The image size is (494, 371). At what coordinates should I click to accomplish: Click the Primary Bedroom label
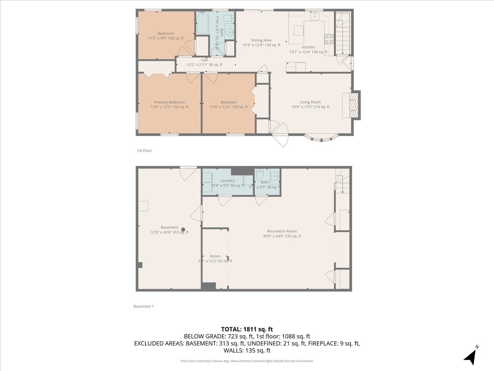point(169,102)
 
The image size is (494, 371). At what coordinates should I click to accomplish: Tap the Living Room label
point(310,102)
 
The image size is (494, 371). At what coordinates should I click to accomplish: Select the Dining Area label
point(261,40)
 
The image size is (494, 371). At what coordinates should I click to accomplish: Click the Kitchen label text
point(308,47)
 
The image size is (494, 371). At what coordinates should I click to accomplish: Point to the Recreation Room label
point(282,231)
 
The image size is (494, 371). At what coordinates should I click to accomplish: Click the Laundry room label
point(227,181)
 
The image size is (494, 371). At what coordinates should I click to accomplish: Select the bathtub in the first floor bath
point(202,23)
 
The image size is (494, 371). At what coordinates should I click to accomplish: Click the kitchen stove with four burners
point(329,39)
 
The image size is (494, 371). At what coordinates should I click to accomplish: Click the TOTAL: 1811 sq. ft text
point(247,329)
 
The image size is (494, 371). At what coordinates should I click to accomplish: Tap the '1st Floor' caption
point(144,151)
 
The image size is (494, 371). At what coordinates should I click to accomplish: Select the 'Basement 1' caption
point(143,306)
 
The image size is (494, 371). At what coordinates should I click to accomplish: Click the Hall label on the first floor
point(204,60)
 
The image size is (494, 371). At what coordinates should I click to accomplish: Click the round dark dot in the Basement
point(183,230)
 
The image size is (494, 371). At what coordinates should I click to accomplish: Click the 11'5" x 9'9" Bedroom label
point(166,33)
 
